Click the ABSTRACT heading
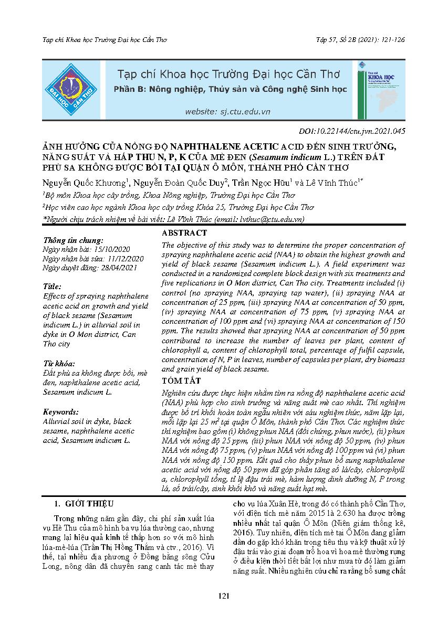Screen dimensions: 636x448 coord(184,233)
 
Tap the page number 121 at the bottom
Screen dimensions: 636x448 coord(224,611)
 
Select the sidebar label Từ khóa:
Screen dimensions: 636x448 coord(59,363)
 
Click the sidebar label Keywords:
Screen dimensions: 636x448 coord(60,412)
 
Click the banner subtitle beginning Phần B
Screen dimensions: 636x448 coord(230,90)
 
